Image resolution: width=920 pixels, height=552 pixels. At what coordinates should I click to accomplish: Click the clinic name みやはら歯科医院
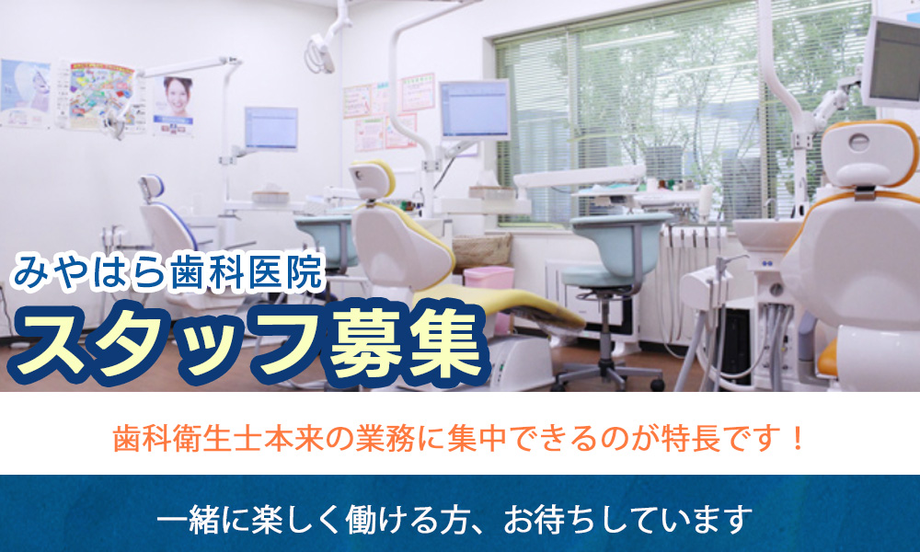pyautogui.click(x=167, y=272)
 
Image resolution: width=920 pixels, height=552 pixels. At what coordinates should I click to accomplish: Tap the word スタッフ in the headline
pyautogui.click(x=167, y=343)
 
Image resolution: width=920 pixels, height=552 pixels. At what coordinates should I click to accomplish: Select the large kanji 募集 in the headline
pyautogui.click(x=408, y=343)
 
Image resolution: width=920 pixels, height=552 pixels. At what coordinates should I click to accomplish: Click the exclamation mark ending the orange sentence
pyautogui.click(x=797, y=438)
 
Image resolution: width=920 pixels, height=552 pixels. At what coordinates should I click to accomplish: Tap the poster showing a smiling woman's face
pyautogui.click(x=174, y=106)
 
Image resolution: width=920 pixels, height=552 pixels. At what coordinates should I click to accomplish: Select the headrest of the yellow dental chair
pyautogui.click(x=372, y=180)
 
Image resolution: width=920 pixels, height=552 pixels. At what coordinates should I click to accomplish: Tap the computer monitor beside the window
pyautogui.click(x=475, y=109)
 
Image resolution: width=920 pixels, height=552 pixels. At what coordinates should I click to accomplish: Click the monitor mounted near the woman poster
pyautogui.click(x=271, y=129)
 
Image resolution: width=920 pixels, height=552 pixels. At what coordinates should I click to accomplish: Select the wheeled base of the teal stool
pyautogui.click(x=608, y=374)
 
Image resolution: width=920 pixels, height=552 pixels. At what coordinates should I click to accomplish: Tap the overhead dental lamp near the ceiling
pyautogui.click(x=320, y=52)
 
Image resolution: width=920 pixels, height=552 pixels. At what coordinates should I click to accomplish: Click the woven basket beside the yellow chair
pyautogui.click(x=482, y=250)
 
